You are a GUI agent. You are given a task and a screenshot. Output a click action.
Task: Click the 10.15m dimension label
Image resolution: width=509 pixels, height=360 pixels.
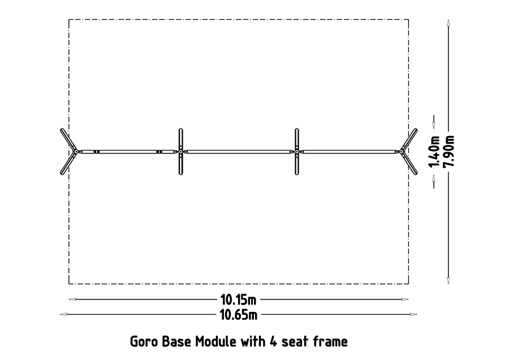click(x=238, y=300)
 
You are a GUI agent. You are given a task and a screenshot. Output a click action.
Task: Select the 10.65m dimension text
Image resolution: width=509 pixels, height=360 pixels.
click(x=238, y=315)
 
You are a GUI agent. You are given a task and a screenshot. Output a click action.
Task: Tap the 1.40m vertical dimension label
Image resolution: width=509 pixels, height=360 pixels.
click(x=434, y=152)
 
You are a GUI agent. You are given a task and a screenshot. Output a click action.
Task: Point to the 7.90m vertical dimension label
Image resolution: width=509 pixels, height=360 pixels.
click(x=448, y=152)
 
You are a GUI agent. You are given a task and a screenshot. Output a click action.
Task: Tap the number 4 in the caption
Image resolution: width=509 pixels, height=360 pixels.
click(x=273, y=341)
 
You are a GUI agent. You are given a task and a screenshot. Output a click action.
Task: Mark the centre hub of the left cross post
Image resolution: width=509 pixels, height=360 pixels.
click(x=181, y=152)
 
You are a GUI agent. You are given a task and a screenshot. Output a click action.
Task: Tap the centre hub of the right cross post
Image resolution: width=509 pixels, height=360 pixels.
click(x=297, y=152)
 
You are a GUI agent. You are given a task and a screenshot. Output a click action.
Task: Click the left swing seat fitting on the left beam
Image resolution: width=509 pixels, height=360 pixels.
click(x=96, y=152)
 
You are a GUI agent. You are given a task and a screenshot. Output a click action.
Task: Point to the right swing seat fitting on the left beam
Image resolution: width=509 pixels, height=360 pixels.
click(x=159, y=152)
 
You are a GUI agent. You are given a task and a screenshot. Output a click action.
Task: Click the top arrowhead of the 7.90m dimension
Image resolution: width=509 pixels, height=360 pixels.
click(x=448, y=23)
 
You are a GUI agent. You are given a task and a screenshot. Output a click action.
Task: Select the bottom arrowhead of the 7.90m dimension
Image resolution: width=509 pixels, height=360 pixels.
click(x=448, y=281)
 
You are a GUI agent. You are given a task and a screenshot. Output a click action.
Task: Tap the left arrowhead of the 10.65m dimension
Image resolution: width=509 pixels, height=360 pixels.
click(x=63, y=315)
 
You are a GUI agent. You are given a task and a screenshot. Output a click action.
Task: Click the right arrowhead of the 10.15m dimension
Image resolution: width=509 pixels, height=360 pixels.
click(x=405, y=299)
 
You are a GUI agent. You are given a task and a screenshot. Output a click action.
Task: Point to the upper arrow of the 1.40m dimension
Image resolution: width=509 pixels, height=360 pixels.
click(x=434, y=122)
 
